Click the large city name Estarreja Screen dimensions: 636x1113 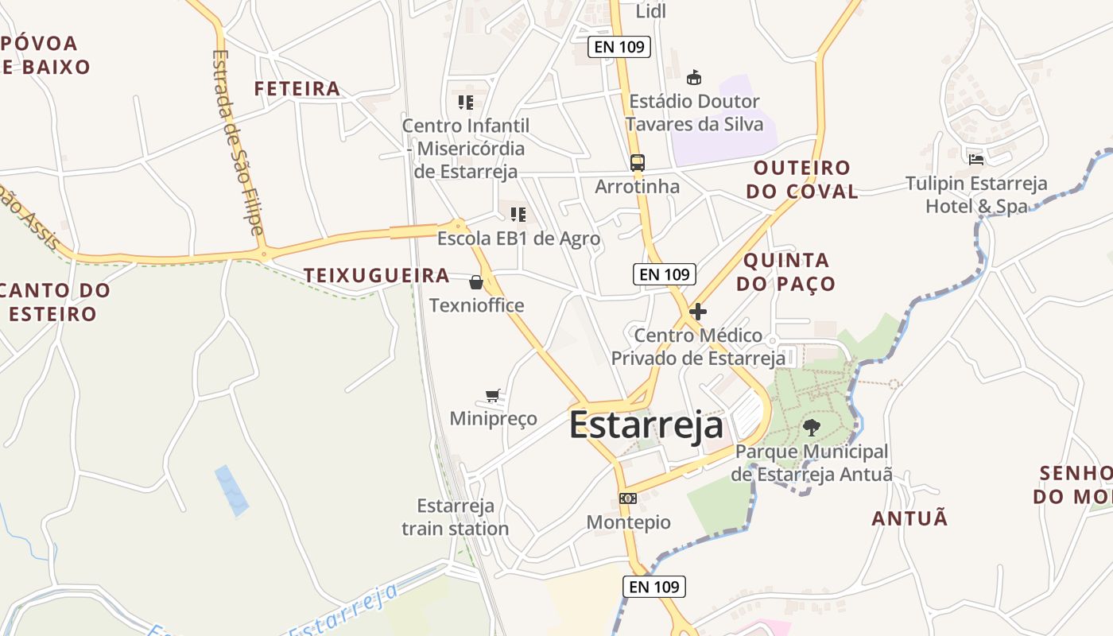click(x=646, y=425)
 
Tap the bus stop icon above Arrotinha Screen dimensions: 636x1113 click(x=637, y=163)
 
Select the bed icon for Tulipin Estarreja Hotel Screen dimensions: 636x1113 click(x=976, y=159)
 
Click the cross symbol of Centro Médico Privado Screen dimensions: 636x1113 click(x=698, y=312)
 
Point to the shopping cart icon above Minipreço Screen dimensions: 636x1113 click(x=493, y=395)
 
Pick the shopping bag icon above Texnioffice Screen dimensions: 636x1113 click(x=476, y=282)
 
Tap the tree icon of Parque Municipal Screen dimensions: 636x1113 click(x=811, y=428)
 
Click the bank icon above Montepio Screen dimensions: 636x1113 click(x=628, y=498)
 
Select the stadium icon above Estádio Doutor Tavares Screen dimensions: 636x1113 click(x=694, y=77)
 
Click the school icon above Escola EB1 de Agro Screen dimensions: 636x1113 click(x=518, y=214)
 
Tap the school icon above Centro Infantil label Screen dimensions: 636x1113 click(x=466, y=102)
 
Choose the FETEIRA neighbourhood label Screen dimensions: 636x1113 click(x=297, y=88)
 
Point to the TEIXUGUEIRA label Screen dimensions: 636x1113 click(x=377, y=276)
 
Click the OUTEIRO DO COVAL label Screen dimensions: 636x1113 click(x=806, y=179)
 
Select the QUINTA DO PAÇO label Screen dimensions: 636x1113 click(x=786, y=272)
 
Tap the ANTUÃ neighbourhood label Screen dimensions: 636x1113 click(x=910, y=518)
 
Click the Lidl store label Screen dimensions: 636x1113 click(x=651, y=11)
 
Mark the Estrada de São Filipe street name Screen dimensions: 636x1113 click(x=237, y=143)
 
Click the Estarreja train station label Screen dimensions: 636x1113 click(x=456, y=517)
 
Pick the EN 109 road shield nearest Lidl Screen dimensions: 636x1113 click(x=619, y=47)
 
